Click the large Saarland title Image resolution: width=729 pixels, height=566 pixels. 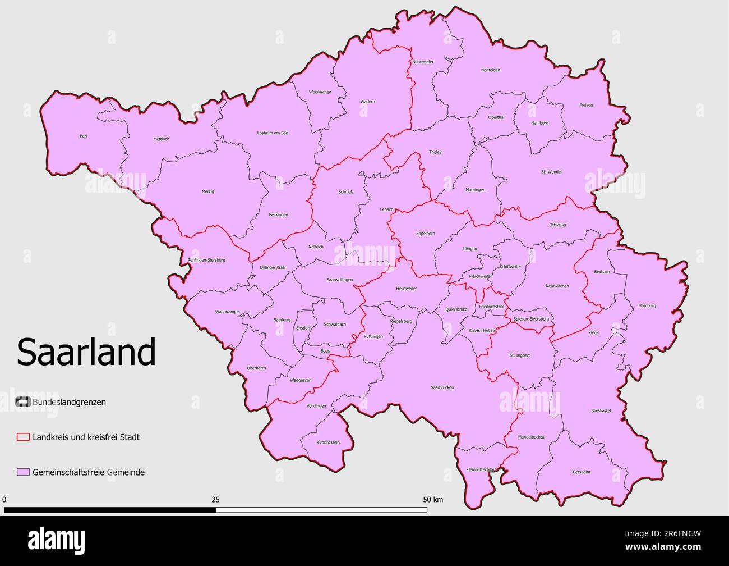point(86,352)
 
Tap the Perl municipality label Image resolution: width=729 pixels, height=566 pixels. point(84,136)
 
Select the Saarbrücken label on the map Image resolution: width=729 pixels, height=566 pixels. point(442,387)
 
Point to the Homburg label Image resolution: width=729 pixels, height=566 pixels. point(647,306)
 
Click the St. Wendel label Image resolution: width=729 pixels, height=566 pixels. point(551,172)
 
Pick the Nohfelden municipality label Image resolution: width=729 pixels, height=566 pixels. point(490,70)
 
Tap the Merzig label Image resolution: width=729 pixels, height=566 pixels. point(207,191)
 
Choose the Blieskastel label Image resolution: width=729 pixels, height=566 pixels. point(601,410)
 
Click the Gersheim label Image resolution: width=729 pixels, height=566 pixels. point(581,472)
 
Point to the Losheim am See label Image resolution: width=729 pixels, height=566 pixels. point(272,133)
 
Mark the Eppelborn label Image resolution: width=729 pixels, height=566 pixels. point(425,234)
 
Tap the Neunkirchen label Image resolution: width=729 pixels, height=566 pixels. point(557,286)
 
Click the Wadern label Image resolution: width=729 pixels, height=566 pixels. point(367,102)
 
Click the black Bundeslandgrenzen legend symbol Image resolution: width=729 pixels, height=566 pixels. point(23,402)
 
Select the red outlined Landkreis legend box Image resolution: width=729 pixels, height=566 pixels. point(23,437)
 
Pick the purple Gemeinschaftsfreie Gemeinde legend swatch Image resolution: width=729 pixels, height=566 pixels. point(23,472)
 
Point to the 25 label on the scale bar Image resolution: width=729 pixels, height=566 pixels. point(215,499)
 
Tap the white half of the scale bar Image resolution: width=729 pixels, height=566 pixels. point(321,510)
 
